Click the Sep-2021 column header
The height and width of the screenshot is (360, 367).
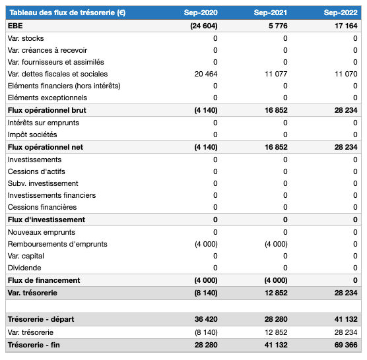[x=271, y=13]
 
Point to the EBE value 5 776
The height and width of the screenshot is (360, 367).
[x=277, y=26]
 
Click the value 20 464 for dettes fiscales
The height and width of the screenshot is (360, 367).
[x=205, y=74]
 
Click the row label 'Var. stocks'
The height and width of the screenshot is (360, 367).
[x=26, y=38]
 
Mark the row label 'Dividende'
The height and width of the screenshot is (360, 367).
[x=24, y=268]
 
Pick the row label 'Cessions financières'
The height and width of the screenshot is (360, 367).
[x=42, y=207]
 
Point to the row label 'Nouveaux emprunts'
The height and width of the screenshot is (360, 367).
[x=41, y=232]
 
